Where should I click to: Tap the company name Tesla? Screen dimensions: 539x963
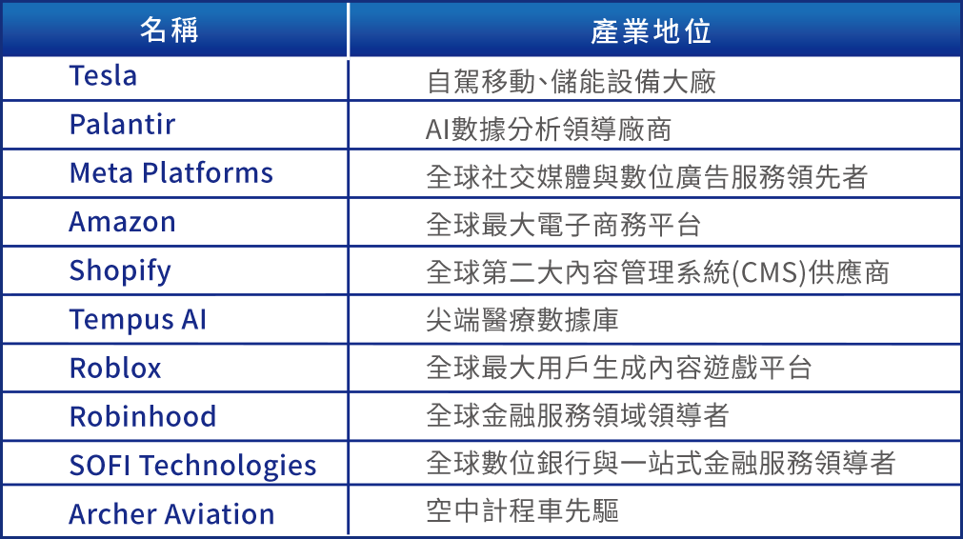coord(103,76)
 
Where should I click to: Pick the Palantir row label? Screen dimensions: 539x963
coord(122,125)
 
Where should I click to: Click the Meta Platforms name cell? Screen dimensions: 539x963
coord(171,173)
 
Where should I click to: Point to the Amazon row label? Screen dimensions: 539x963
coord(122,222)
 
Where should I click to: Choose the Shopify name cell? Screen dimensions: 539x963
coord(120,271)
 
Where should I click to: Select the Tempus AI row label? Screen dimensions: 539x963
coord(137,320)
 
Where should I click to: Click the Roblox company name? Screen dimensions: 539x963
coord(115,369)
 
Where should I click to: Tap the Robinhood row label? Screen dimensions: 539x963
coord(143,417)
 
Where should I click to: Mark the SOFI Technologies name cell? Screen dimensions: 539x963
coord(192,466)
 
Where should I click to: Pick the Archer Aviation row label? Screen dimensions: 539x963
coord(171,514)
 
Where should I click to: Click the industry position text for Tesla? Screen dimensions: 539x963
coord(572,81)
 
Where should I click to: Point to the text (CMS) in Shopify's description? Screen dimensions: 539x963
coord(754,272)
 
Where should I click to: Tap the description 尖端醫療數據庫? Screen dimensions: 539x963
coord(522,321)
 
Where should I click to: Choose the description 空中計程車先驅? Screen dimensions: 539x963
coord(522,512)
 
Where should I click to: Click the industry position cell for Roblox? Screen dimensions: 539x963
coord(619,369)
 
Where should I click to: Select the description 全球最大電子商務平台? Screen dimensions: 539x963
coord(564,225)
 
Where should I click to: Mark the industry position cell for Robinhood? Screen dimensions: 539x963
coord(577,416)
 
